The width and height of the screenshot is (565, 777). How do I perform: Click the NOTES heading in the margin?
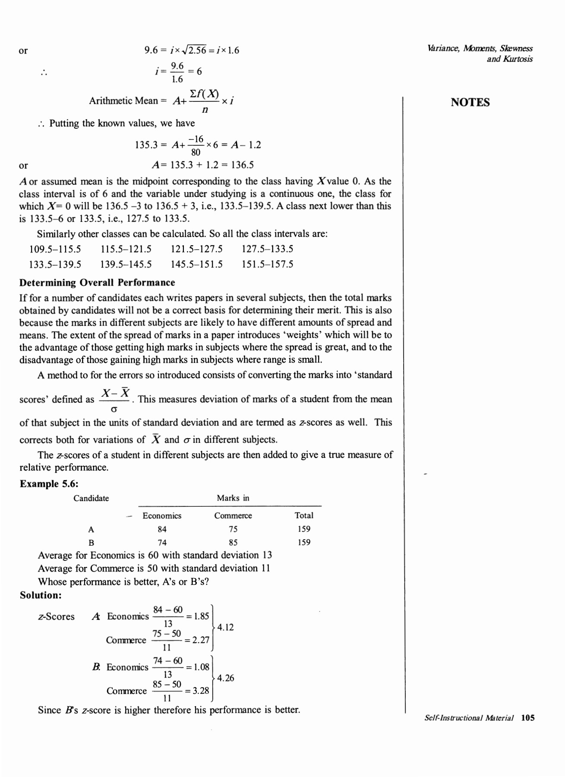(x=470, y=102)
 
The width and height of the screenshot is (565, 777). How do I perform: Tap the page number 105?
(x=528, y=718)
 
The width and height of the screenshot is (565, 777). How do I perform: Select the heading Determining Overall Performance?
(x=97, y=282)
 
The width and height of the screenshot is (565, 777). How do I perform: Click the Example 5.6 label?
(x=49, y=483)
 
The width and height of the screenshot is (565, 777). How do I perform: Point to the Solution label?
(x=41, y=595)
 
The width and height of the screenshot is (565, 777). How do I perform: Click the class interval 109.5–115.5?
(x=55, y=249)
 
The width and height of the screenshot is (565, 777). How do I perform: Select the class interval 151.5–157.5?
(x=267, y=264)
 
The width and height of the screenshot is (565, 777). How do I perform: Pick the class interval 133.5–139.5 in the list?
(x=55, y=264)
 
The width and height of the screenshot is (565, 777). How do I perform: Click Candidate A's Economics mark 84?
(x=162, y=529)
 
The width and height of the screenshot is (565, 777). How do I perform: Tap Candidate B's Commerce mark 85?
(x=233, y=542)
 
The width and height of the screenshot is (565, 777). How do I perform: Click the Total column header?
(x=304, y=515)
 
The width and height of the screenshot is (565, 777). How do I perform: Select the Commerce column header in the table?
(x=233, y=515)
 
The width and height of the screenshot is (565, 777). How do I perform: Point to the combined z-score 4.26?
(x=225, y=678)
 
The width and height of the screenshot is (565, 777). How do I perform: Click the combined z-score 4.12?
(x=225, y=627)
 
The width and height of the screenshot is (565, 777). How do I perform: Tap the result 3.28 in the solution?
(x=201, y=690)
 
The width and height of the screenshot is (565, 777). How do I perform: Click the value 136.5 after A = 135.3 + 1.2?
(x=243, y=164)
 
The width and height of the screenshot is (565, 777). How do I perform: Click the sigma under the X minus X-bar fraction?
(x=115, y=408)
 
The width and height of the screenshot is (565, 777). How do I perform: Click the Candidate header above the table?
(x=91, y=498)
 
